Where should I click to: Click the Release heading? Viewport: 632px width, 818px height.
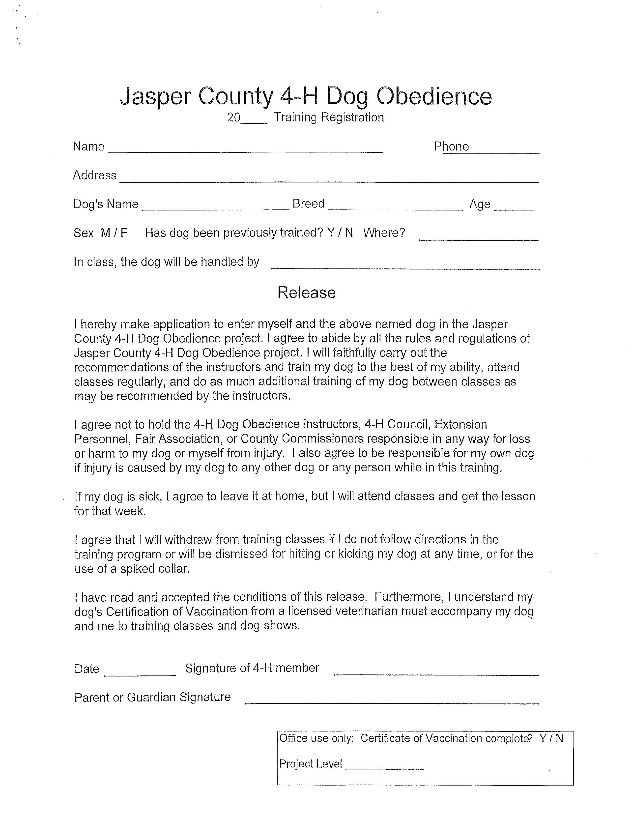306,292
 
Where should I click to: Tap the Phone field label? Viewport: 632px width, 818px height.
451,146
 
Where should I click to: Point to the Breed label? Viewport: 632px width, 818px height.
308,204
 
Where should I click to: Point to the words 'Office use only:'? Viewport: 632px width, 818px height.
316,738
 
